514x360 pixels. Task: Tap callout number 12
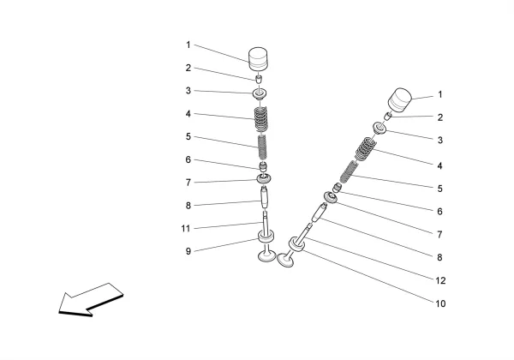[439, 279]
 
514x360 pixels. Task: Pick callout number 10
[439, 303]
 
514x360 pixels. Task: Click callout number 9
[188, 252]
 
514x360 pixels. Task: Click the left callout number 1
[188, 45]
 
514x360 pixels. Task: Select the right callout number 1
[439, 95]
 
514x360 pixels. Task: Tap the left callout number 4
[188, 114]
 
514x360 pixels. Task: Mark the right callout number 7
[439, 234]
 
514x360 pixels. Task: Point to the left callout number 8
[188, 206]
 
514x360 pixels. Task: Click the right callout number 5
[439, 189]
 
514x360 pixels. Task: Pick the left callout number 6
[188, 159]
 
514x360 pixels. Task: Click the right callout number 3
[439, 141]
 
